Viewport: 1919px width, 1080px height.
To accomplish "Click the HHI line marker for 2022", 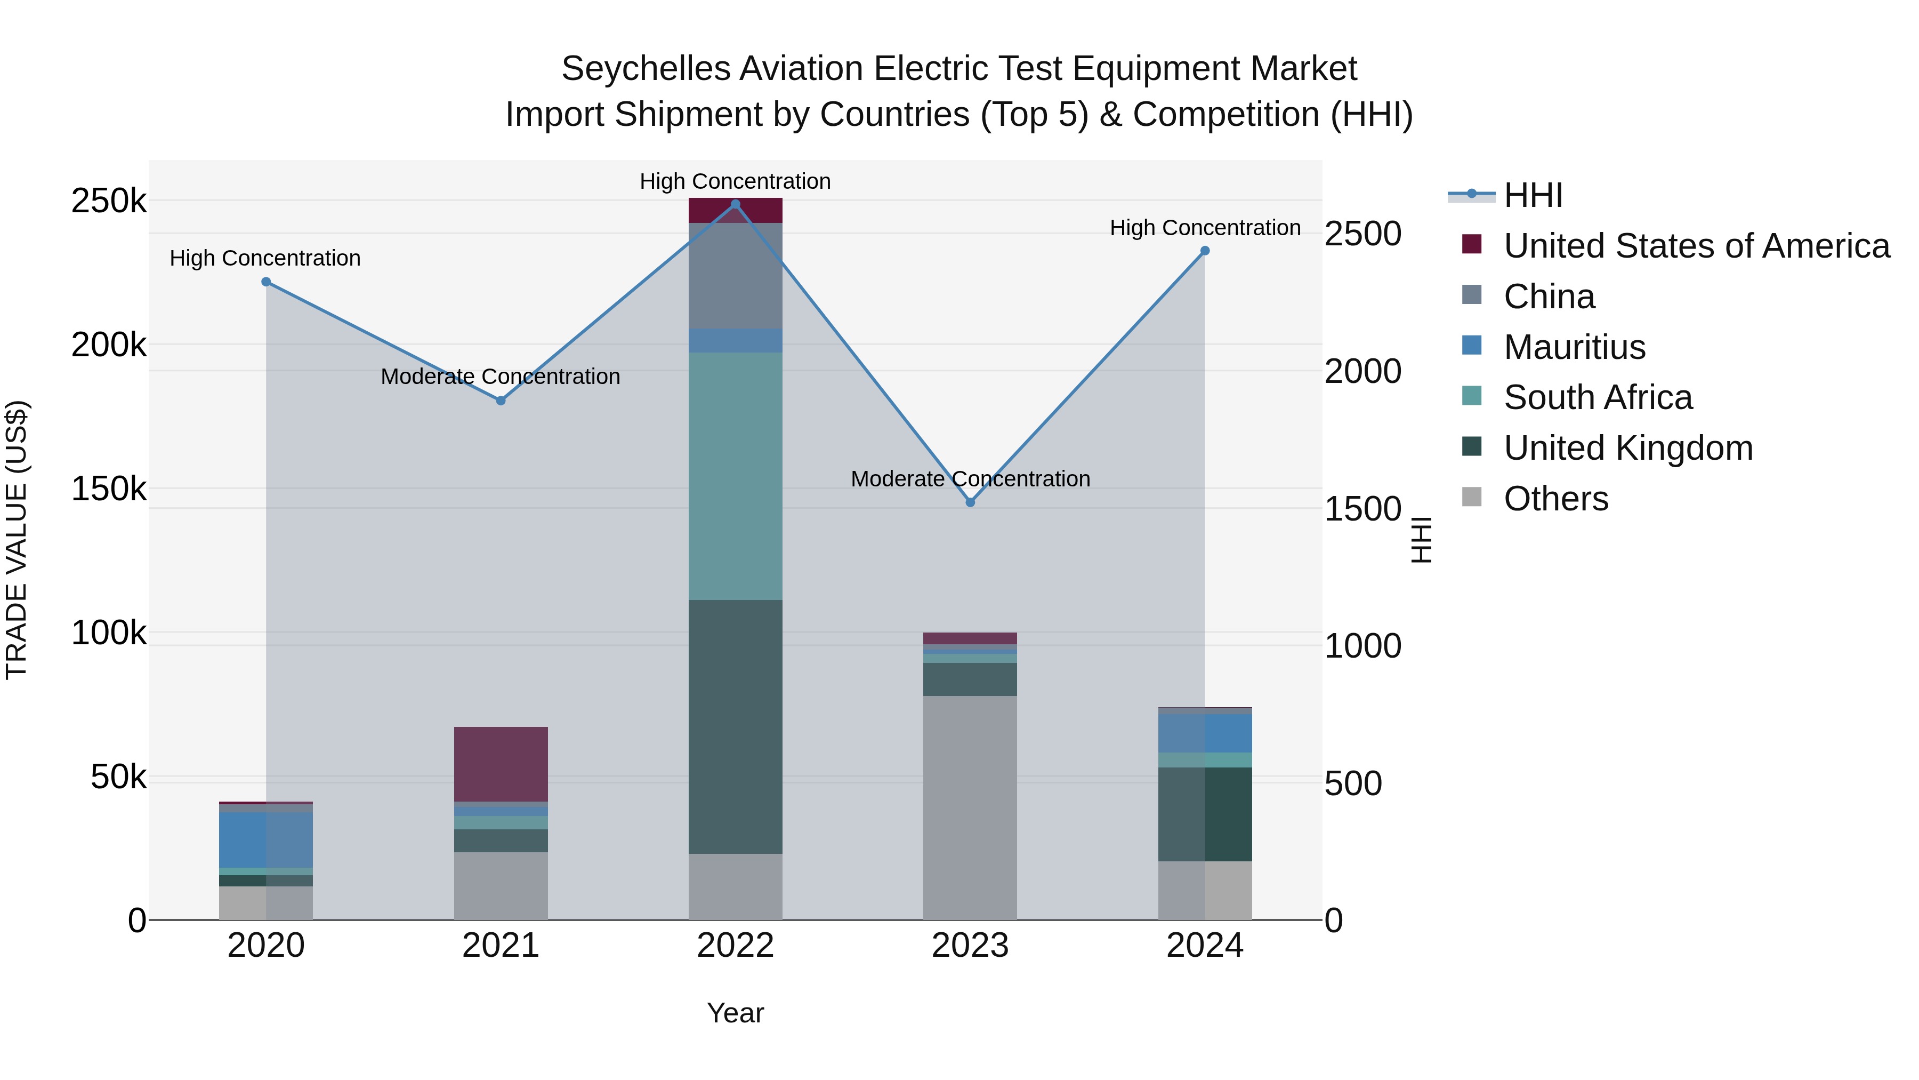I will coord(735,204).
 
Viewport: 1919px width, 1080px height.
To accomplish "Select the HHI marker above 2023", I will coord(970,502).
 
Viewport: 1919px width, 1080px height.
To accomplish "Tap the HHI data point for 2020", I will coord(266,282).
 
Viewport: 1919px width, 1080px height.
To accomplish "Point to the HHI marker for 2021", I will coord(501,400).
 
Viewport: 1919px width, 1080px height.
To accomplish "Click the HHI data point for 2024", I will coord(1205,251).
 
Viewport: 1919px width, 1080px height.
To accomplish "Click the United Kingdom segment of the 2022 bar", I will coord(735,727).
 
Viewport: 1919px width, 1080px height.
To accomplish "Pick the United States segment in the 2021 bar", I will coord(501,763).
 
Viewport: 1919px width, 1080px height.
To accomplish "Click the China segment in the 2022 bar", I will coord(735,275).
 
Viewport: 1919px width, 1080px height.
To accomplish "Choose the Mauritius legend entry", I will coord(1574,347).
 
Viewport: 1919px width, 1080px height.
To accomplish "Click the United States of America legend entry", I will coord(1696,246).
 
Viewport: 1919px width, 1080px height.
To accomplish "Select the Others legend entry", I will coord(1555,499).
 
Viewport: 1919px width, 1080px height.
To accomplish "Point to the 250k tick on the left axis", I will coord(109,201).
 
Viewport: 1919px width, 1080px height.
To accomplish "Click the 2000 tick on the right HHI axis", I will coord(1362,371).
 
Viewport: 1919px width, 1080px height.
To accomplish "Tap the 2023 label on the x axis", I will coord(970,946).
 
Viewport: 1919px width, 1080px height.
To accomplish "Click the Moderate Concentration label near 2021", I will coord(501,377).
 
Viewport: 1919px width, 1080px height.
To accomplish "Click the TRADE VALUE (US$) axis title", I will coord(17,540).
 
